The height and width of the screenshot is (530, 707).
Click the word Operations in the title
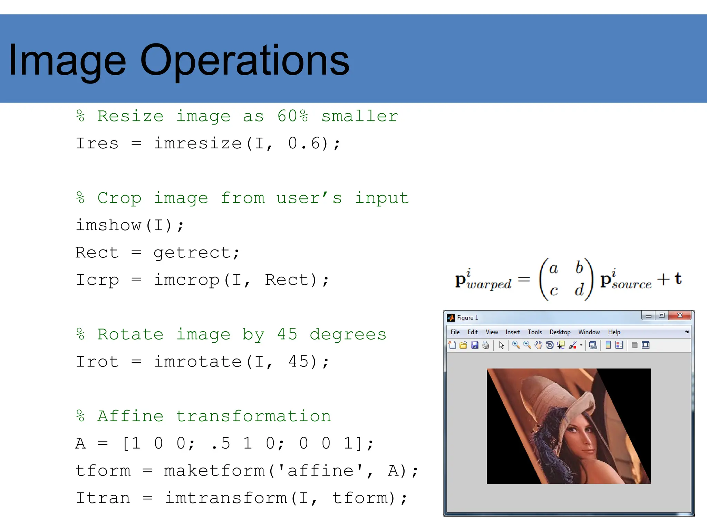[x=245, y=61]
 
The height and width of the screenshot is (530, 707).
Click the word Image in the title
[x=67, y=61]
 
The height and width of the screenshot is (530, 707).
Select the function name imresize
[x=198, y=143]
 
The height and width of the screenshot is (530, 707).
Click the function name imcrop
[x=187, y=280]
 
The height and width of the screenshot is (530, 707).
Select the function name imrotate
[x=198, y=362]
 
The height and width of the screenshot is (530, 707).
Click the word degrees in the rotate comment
[x=348, y=334]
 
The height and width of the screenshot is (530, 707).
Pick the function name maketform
[x=214, y=471]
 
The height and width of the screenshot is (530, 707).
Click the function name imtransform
[x=226, y=498]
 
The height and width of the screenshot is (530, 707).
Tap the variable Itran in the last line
[x=103, y=498]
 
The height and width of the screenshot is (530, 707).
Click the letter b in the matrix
[x=579, y=268]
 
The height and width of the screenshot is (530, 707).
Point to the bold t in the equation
[x=678, y=278]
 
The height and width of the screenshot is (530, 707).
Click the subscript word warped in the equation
[x=489, y=285]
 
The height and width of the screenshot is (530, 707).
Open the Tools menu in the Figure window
[x=535, y=332]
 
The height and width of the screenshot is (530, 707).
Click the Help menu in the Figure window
[x=614, y=332]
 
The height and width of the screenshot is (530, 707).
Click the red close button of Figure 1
[x=680, y=315]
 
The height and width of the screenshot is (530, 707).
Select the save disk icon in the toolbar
[x=475, y=345]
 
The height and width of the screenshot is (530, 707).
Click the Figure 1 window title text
[x=467, y=318]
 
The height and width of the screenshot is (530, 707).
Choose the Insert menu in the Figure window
[x=513, y=332]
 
